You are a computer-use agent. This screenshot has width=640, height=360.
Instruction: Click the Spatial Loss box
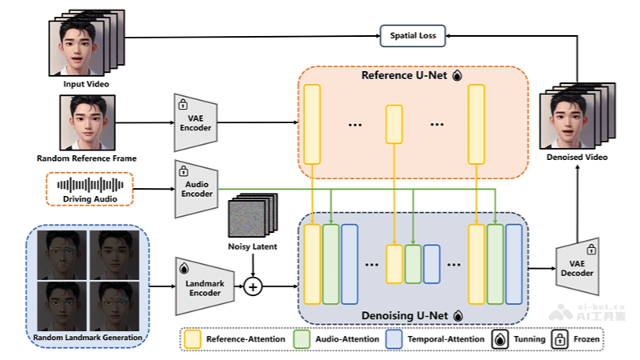tap(414, 35)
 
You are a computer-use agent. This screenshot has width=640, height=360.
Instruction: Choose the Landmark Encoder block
tap(204, 286)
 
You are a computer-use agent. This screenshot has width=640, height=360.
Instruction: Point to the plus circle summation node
tap(253, 286)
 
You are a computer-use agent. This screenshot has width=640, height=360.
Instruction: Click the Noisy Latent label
tap(253, 246)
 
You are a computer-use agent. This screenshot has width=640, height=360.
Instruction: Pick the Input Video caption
tap(86, 83)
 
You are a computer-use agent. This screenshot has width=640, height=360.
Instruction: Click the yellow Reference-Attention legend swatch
tap(192, 339)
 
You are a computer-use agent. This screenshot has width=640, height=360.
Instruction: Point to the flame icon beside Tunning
tap(499, 339)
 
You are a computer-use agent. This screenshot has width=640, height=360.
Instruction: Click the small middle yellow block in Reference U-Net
tap(394, 124)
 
